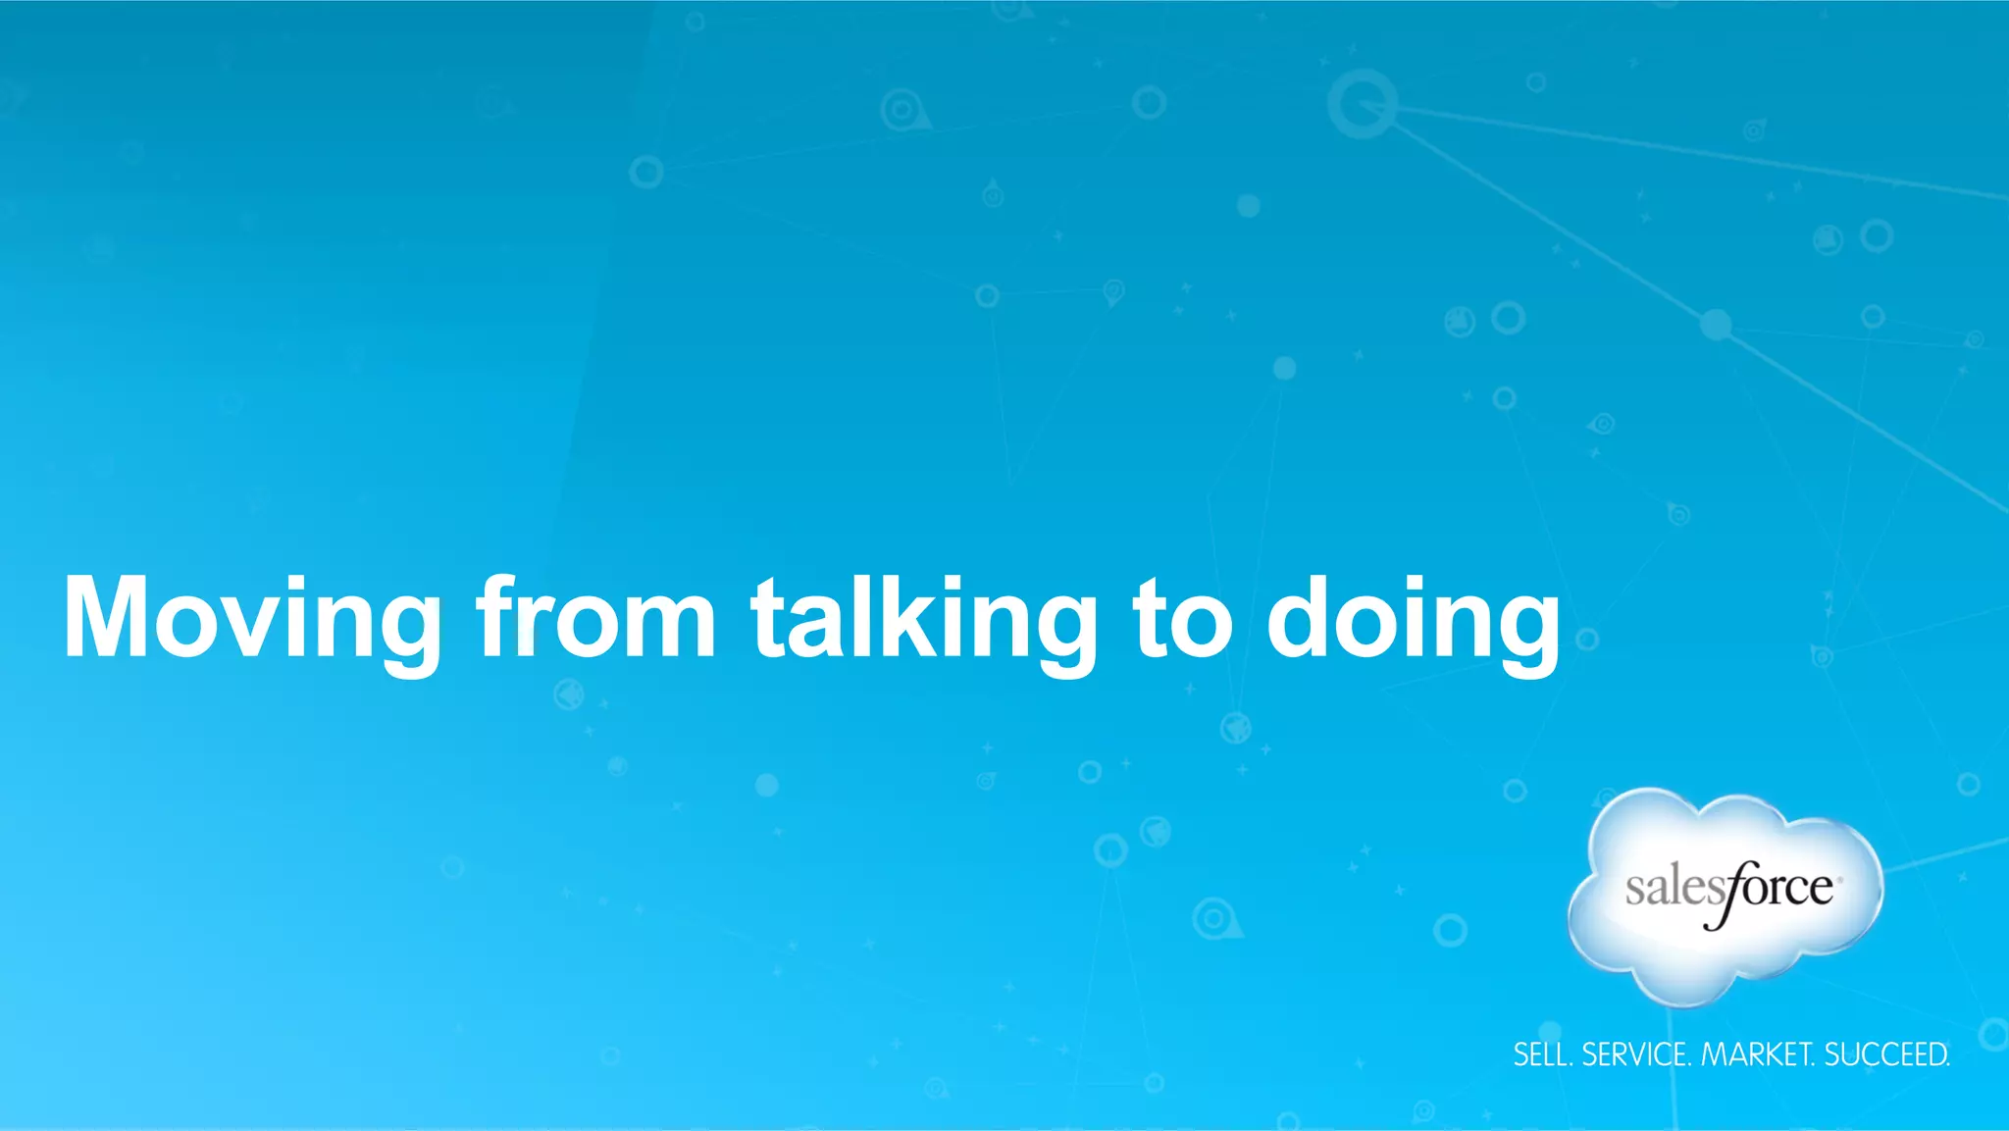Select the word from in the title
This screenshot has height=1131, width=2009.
tap(596, 618)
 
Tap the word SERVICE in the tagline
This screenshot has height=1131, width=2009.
tap(1635, 1054)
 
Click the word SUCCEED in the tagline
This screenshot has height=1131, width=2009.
tap(1886, 1054)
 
